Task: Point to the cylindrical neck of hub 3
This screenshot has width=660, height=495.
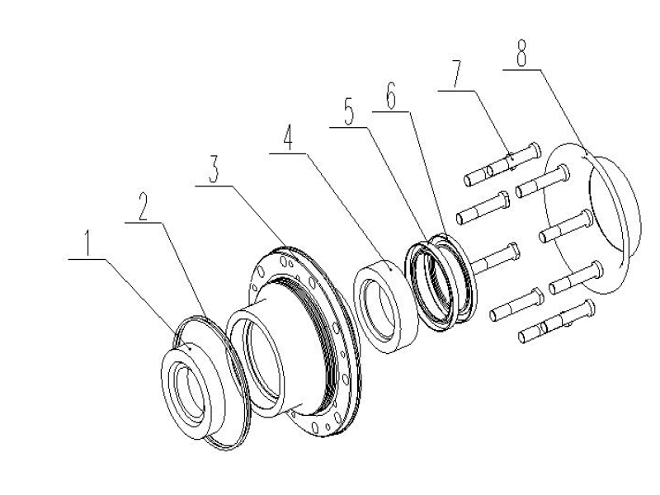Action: coord(247,322)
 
